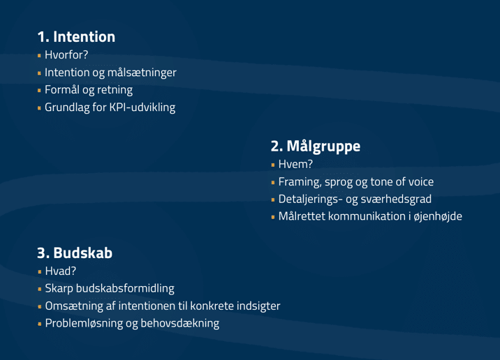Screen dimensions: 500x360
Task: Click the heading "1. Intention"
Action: (76, 37)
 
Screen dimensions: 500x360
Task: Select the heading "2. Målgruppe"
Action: (316, 147)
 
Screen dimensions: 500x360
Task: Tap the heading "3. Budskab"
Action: (75, 253)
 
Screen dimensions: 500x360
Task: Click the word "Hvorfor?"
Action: (66, 55)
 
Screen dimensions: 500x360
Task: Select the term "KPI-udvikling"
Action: (142, 107)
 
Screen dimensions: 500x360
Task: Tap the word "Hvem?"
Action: (295, 164)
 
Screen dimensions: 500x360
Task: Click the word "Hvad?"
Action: (61, 271)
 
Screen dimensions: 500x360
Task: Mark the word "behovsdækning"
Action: (180, 323)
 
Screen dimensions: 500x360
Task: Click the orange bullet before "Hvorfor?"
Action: (39, 55)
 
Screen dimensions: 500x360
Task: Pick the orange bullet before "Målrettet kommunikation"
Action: (273, 217)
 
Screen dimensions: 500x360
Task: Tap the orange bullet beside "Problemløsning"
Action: (40, 324)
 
